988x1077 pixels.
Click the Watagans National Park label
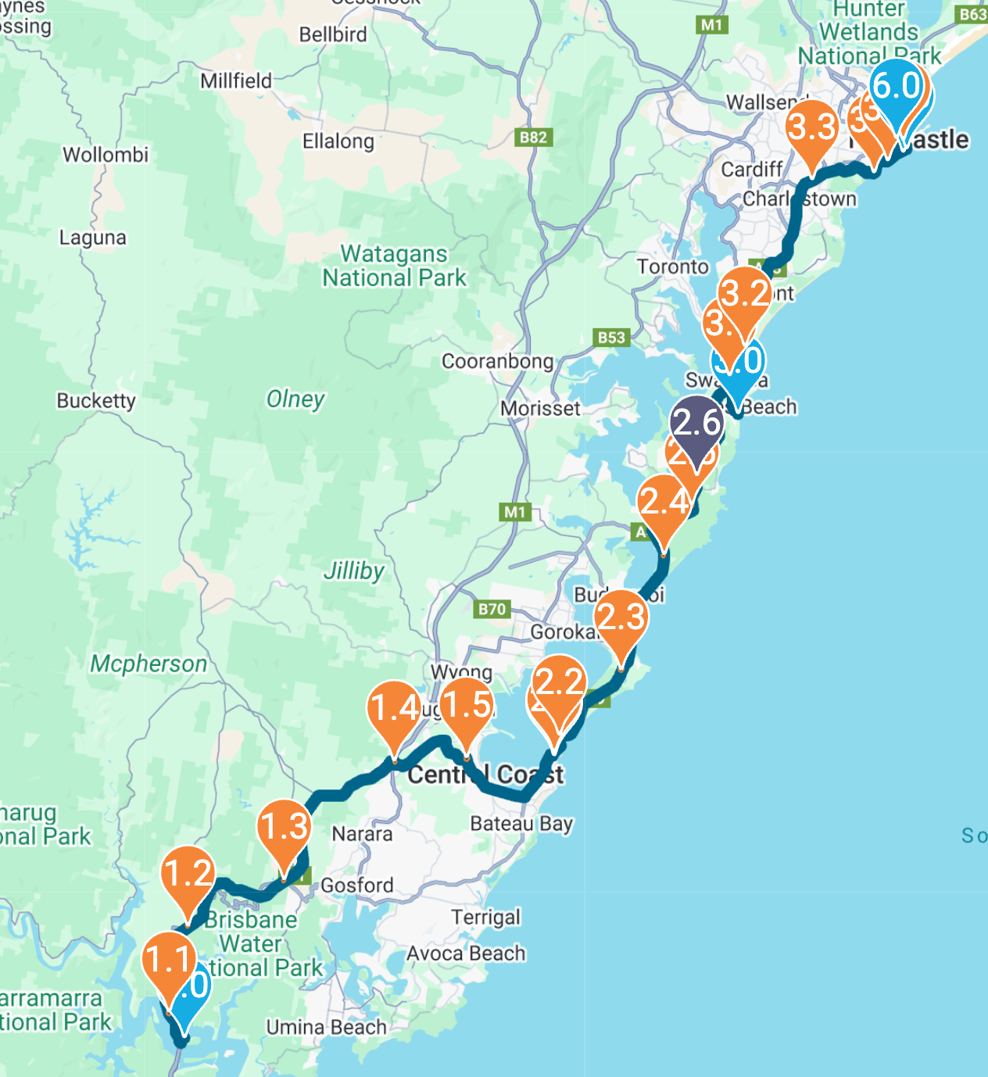coord(394,266)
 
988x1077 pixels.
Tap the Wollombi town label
coord(106,155)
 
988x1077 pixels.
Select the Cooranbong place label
coord(498,361)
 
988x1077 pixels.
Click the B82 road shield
coord(534,138)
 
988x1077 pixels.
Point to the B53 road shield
coord(611,337)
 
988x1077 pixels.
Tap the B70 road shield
coord(492,609)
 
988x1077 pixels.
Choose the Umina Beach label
coord(327,1026)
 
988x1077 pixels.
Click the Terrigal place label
coord(485,917)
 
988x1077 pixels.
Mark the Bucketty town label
coord(96,401)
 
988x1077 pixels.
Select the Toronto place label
coord(672,267)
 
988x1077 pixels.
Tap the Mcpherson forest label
coord(149,664)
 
